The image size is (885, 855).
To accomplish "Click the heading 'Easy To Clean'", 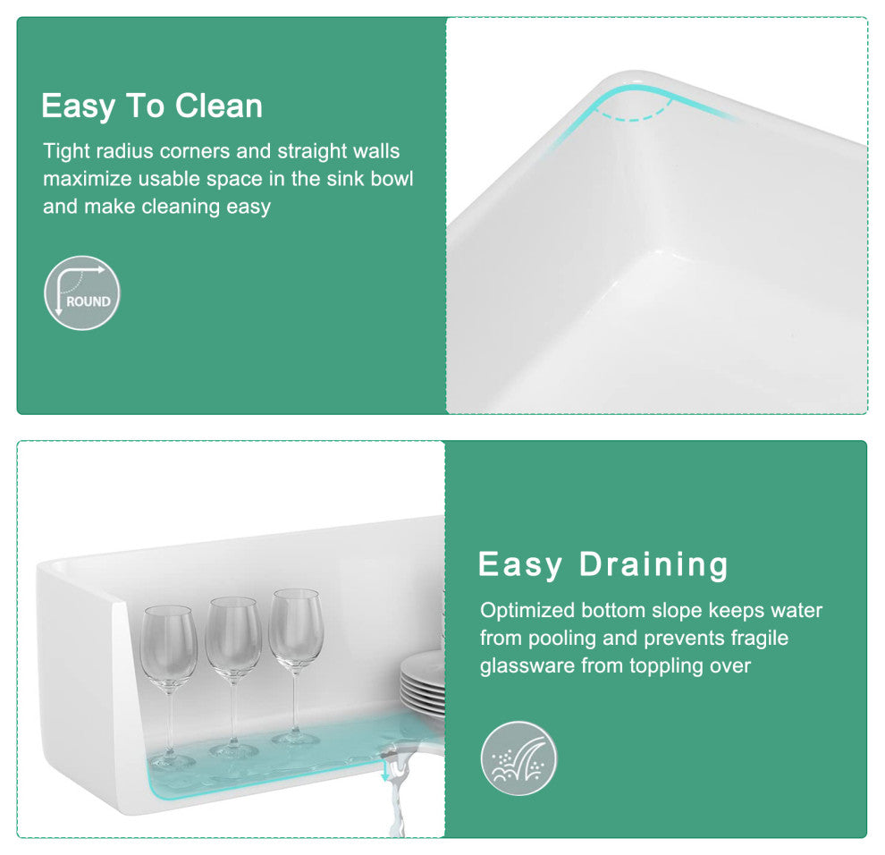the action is click(152, 106).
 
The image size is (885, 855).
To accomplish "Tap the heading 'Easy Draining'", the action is click(603, 564).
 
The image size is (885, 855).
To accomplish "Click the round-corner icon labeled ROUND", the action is click(82, 293).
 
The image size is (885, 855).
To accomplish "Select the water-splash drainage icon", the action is click(518, 758).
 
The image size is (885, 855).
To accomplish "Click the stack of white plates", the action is click(422, 684).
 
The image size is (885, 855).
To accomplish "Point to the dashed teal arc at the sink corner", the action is click(632, 115).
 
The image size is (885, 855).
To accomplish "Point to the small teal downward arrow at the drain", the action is click(385, 770).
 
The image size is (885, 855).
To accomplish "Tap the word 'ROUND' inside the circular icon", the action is click(88, 301).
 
